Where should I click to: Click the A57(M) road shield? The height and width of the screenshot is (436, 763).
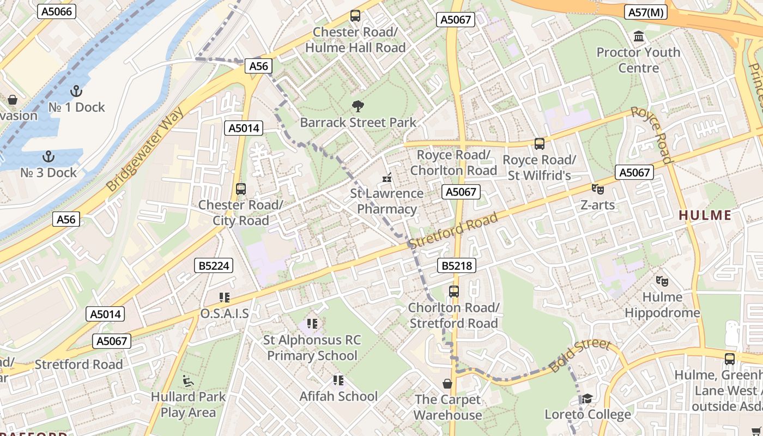click(646, 13)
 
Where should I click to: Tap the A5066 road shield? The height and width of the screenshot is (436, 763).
click(57, 11)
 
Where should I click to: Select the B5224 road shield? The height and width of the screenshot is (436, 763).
click(214, 266)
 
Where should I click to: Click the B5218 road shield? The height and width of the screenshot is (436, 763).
click(457, 266)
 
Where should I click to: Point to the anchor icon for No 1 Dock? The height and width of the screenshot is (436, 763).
click(76, 91)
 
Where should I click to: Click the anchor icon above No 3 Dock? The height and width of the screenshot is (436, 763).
click(49, 156)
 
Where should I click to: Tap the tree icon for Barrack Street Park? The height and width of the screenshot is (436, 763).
click(358, 106)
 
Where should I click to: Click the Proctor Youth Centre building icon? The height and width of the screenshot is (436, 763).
click(638, 37)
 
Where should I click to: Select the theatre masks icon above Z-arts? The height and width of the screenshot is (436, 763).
click(598, 189)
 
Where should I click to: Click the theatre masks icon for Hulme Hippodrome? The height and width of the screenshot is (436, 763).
click(662, 281)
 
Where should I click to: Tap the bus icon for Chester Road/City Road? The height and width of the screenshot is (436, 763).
click(240, 189)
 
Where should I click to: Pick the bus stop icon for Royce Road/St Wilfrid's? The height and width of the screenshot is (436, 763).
click(539, 144)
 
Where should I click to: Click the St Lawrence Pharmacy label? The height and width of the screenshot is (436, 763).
click(387, 201)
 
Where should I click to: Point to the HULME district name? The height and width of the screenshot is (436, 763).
click(705, 215)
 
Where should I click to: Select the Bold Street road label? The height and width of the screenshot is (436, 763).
click(580, 355)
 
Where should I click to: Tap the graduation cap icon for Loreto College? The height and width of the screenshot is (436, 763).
click(587, 399)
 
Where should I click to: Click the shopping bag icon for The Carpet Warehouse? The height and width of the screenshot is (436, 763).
click(447, 384)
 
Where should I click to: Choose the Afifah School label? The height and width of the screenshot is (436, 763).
click(338, 396)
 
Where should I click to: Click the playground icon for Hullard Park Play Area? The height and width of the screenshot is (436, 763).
click(189, 380)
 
